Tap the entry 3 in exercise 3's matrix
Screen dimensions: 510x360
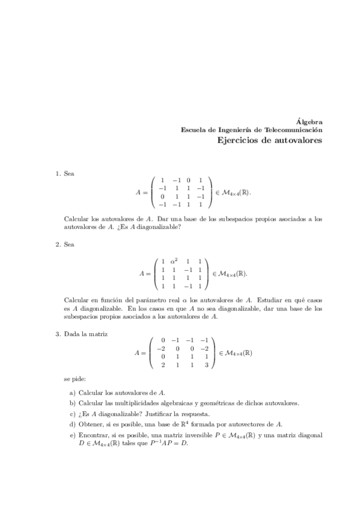[x=206, y=364]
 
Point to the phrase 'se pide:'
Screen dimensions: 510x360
[x=75, y=379]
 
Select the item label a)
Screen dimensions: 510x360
[x=72, y=392]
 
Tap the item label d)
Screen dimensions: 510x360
[x=72, y=423]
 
